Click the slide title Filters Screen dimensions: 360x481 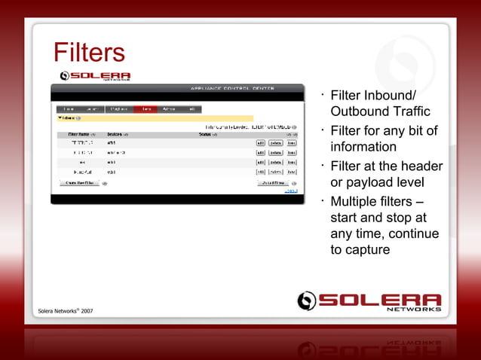tap(89, 53)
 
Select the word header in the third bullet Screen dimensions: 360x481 tap(421, 166)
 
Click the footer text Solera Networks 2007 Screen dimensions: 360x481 tap(66, 310)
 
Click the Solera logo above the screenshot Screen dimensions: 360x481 tap(95, 75)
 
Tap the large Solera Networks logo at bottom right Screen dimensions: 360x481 tap(369, 301)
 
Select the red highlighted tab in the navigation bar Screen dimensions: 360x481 tap(147, 108)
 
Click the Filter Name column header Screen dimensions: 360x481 tap(81, 134)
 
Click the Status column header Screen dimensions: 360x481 tap(207, 134)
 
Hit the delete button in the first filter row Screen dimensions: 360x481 tap(276, 142)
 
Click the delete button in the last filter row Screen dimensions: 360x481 tap(276, 172)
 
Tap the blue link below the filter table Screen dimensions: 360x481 tap(290, 191)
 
